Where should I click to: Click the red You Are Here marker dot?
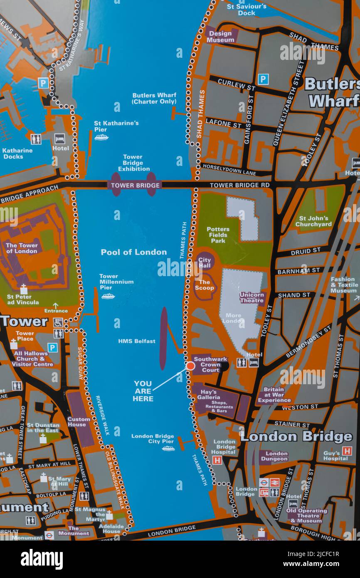(x=190, y=366)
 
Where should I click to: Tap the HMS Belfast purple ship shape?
(x=163, y=338)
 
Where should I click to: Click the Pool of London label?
(x=133, y=252)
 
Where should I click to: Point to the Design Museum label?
(x=220, y=37)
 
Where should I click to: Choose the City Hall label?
(x=204, y=263)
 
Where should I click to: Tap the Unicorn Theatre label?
(x=252, y=297)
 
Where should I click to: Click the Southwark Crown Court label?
(x=210, y=365)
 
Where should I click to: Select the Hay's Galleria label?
(x=209, y=395)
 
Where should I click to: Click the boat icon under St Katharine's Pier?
(x=101, y=137)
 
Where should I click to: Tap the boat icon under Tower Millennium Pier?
(x=108, y=296)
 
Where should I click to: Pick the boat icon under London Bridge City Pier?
(x=168, y=449)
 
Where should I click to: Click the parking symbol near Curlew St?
(x=263, y=79)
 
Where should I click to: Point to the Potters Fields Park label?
(x=218, y=235)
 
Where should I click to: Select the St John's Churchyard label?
(x=313, y=221)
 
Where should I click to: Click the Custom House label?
(x=79, y=422)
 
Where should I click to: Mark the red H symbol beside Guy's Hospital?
(x=347, y=451)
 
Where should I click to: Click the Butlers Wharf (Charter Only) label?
(x=154, y=99)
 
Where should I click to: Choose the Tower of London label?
(x=22, y=248)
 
